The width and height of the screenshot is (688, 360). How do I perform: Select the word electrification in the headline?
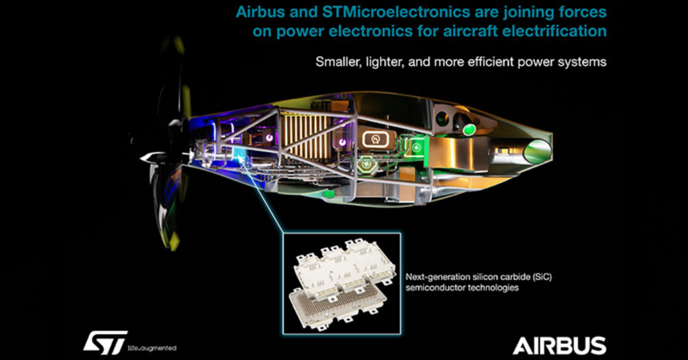560,30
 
